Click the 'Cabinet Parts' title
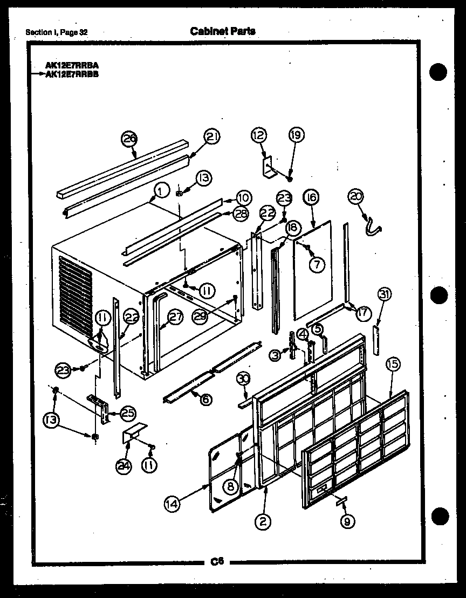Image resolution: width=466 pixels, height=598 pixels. [223, 31]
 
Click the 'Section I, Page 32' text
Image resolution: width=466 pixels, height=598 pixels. [57, 32]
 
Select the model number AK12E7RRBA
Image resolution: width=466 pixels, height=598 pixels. [72, 67]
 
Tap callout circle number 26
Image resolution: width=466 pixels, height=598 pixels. [129, 139]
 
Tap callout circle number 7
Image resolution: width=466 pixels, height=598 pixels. [317, 264]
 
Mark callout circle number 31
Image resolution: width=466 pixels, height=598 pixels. [384, 294]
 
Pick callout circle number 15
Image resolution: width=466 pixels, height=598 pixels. [393, 365]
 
